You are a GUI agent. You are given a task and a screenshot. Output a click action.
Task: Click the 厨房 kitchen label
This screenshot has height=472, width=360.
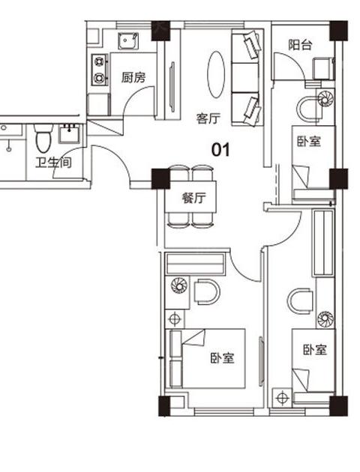pos(133,77)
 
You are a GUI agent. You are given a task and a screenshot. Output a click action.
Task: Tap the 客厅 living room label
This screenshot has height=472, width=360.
pos(208,118)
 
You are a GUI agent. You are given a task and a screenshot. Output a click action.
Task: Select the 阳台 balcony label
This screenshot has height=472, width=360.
pos(300,45)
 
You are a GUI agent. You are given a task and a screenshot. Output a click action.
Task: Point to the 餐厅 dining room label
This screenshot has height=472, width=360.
pos(194,198)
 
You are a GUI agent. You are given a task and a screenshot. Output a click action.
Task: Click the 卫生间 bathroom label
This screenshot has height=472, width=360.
pos(53,163)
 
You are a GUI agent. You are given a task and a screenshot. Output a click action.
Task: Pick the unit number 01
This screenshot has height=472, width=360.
pos(220,150)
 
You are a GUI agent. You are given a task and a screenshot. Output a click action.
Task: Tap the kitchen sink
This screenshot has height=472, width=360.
pos(128,41)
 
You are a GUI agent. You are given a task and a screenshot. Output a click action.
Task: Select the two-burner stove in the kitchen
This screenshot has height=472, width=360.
pos(100,70)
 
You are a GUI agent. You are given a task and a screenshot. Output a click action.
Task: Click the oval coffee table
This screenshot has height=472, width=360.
pos(216,74)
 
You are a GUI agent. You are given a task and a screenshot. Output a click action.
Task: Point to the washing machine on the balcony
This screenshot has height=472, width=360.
pos(323,68)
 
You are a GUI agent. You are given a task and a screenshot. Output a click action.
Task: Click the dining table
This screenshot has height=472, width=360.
pos(190,196)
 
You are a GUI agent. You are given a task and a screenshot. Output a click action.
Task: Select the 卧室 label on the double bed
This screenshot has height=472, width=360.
pos(222,358)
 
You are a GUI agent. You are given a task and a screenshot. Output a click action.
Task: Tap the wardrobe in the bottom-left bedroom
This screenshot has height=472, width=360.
pos(195,264)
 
